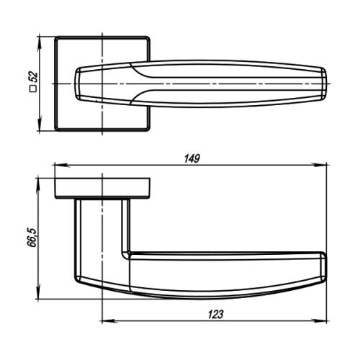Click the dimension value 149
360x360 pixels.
click(x=191, y=158)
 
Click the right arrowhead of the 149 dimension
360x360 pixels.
click(x=325, y=165)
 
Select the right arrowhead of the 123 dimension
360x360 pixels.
click(x=325, y=321)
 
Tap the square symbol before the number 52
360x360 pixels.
click(x=32, y=90)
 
